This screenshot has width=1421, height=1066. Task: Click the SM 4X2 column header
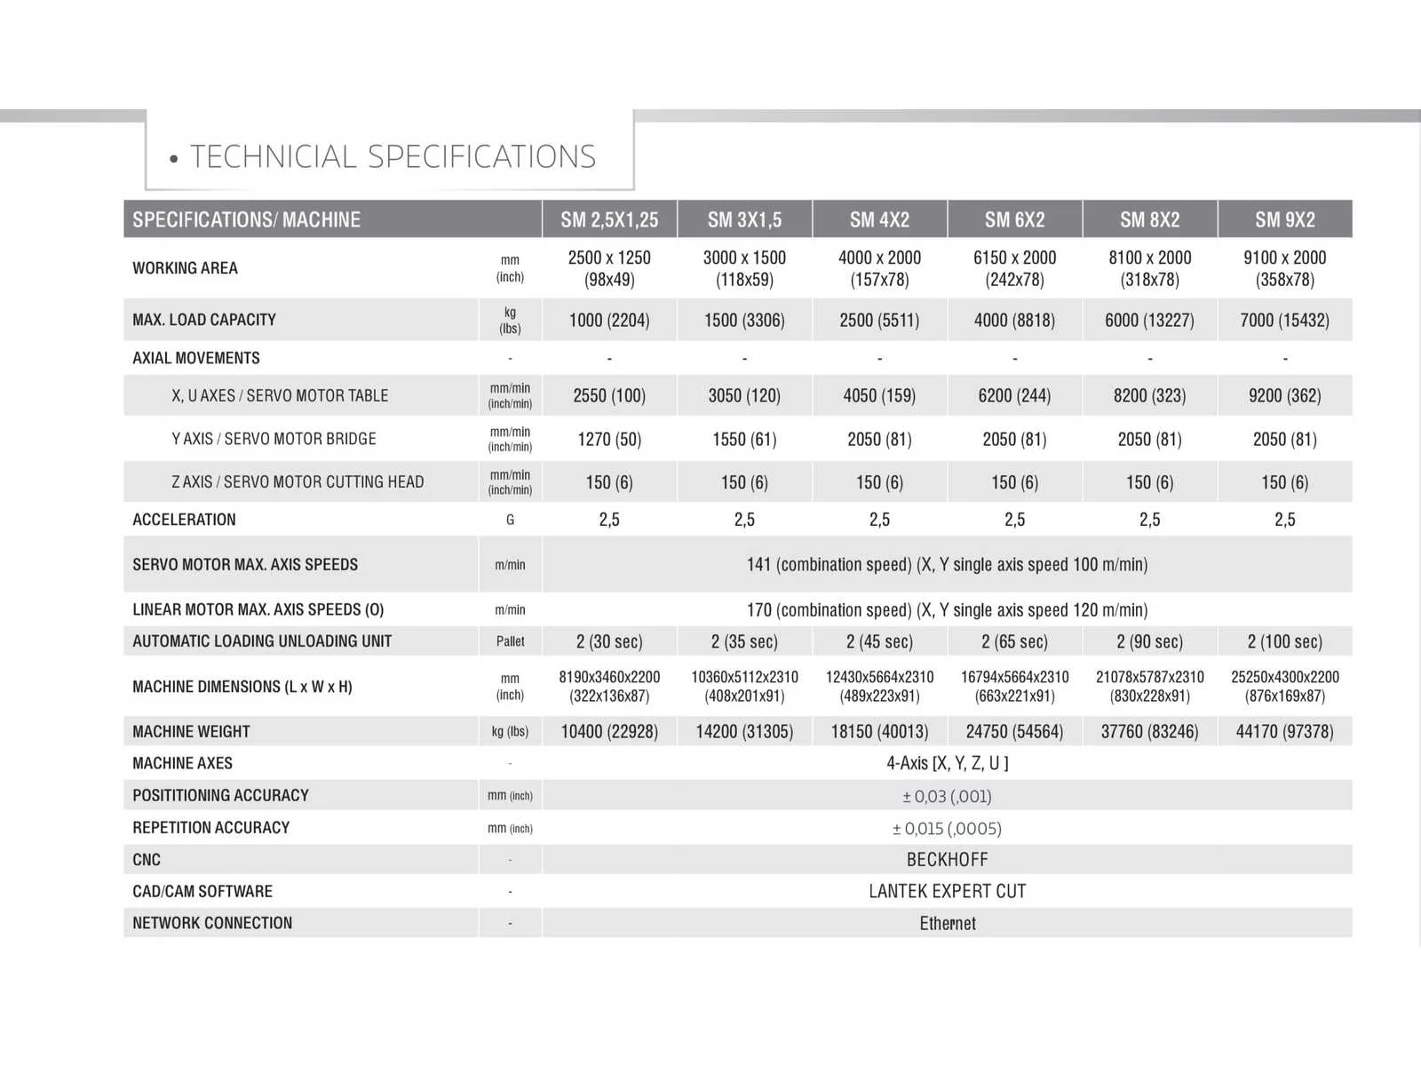coord(879,219)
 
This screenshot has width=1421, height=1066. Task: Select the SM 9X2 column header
coord(1284,219)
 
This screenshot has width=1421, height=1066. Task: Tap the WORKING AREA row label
coord(185,268)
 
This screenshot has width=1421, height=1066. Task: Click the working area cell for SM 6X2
coord(1014,268)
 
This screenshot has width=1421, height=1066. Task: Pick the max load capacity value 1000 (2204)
coord(609,320)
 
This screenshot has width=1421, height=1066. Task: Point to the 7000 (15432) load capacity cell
coord(1284,320)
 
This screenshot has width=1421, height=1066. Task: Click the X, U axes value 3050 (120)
coord(744,395)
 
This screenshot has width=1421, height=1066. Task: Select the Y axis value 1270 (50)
coord(609,439)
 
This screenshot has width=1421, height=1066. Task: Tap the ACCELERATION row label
coord(184,520)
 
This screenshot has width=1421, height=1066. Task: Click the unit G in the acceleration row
coord(510,520)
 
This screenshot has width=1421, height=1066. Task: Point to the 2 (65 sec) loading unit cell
coord(1014,641)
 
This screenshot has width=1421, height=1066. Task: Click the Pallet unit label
coord(510,641)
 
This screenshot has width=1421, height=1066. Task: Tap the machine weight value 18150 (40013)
coord(879,732)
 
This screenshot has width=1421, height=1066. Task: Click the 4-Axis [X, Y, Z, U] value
coord(947,763)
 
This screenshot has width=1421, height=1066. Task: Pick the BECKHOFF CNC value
coord(947,860)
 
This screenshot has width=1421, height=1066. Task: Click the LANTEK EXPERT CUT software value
coord(947,891)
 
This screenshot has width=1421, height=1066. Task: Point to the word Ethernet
coord(947,924)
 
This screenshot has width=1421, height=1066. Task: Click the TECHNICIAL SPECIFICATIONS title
coord(393,157)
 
